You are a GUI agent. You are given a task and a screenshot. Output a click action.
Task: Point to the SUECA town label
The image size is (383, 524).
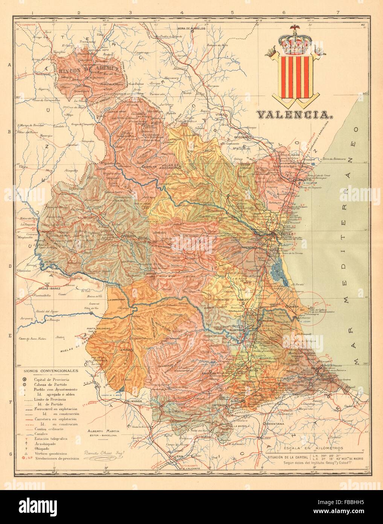[x=293, y=306]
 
